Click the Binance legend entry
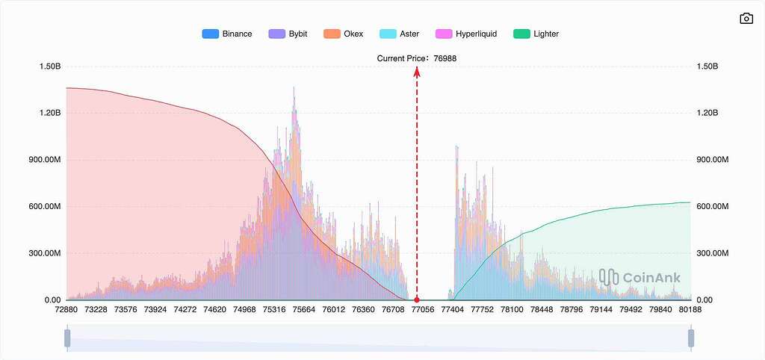[x=227, y=34]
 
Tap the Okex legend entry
[x=343, y=34]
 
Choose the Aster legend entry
[x=399, y=34]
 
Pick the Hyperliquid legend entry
[x=465, y=34]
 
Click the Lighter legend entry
[x=536, y=34]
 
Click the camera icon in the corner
[x=746, y=19]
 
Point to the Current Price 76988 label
[x=416, y=58]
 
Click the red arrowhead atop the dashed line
[x=417, y=71]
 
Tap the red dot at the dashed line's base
[x=417, y=300]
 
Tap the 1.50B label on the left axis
[x=50, y=66]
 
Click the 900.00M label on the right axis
[x=712, y=160]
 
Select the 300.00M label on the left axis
[x=44, y=253]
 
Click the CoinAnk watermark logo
[x=639, y=278]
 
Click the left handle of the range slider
[x=67, y=338]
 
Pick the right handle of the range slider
[x=691, y=338]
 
